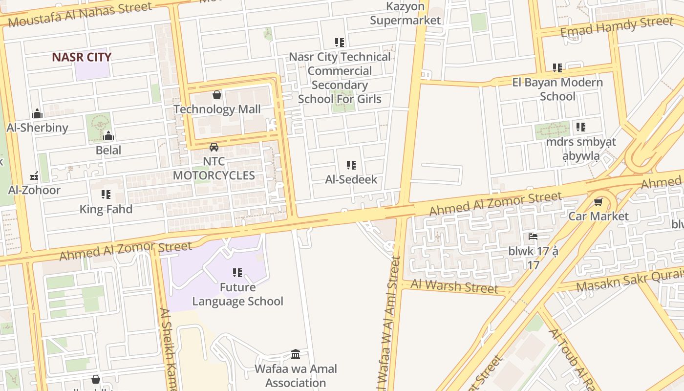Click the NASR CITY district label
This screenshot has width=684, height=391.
tap(82, 57)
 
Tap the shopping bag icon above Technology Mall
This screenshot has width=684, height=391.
tap(217, 94)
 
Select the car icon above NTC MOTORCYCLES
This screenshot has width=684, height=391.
tap(214, 147)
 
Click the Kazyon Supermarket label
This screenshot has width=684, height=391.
tap(405, 14)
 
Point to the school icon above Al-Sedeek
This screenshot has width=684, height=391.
tap(351, 165)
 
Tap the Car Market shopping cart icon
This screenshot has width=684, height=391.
tap(598, 201)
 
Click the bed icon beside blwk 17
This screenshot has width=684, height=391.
tap(533, 237)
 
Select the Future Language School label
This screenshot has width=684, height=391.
tap(237, 294)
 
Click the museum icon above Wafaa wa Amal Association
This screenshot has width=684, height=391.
tap(296, 354)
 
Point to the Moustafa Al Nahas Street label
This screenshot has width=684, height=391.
tap(80, 15)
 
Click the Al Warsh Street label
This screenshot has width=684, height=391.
tap(454, 286)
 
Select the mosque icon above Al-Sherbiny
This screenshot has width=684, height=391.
tap(37, 114)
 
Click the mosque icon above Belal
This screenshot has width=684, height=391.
tap(108, 136)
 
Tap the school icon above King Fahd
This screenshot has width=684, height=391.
tap(106, 195)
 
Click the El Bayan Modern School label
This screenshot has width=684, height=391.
tap(557, 89)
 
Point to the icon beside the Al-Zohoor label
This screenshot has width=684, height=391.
tap(34, 176)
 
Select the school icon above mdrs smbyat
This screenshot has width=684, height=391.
tap(580, 127)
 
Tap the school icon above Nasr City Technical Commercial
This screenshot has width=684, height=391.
tap(340, 43)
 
